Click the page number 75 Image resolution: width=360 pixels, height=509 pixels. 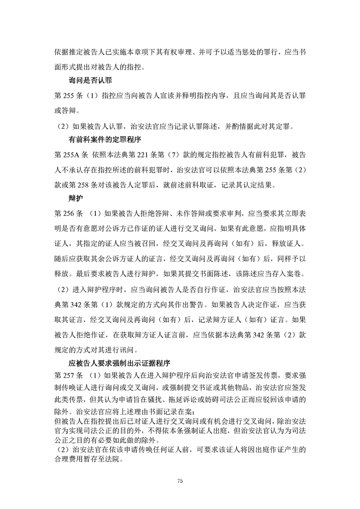[x=180, y=481]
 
